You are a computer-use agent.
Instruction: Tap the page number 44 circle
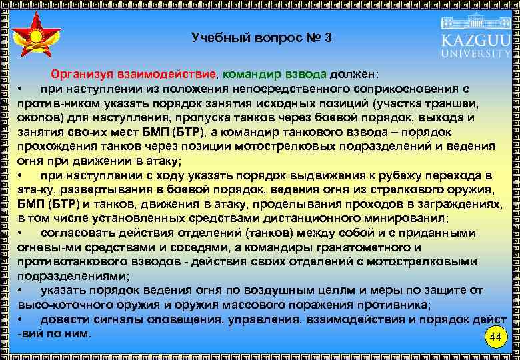(x=494, y=337)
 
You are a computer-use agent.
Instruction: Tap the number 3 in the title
(x=328, y=37)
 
